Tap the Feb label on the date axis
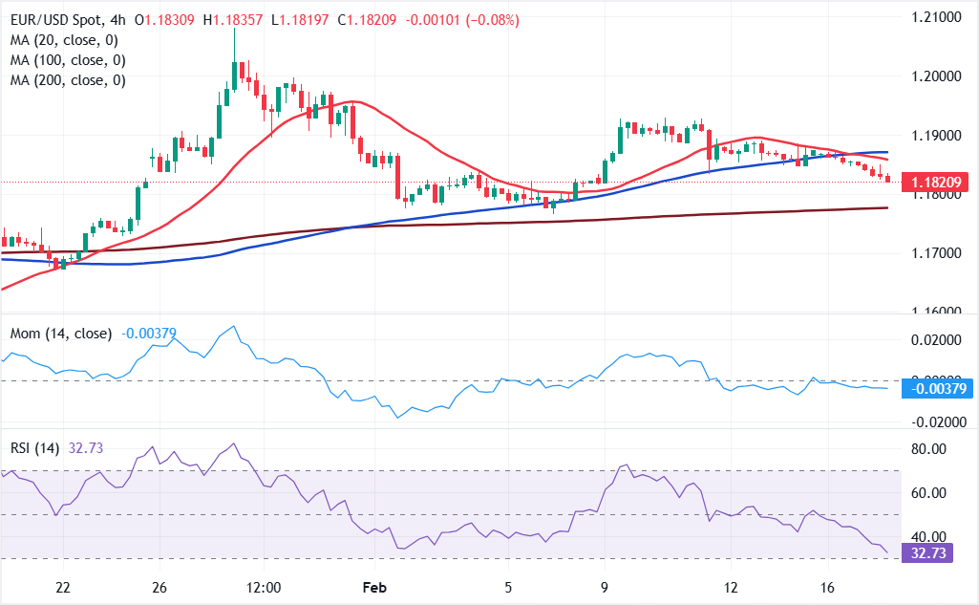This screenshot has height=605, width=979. click(373, 587)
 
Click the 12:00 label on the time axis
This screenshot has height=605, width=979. click(263, 587)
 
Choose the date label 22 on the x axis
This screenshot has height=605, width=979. click(63, 587)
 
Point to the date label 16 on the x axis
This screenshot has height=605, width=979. click(827, 587)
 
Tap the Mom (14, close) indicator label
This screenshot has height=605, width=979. click(61, 334)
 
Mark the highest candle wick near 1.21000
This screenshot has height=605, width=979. click(235, 32)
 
